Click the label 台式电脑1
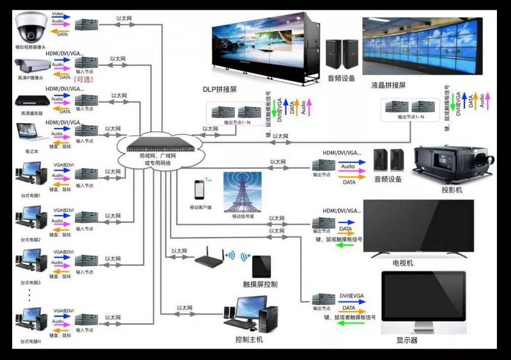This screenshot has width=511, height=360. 31,195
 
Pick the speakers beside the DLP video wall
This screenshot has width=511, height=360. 342,55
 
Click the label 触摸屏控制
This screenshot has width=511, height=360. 260,284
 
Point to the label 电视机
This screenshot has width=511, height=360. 403,263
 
